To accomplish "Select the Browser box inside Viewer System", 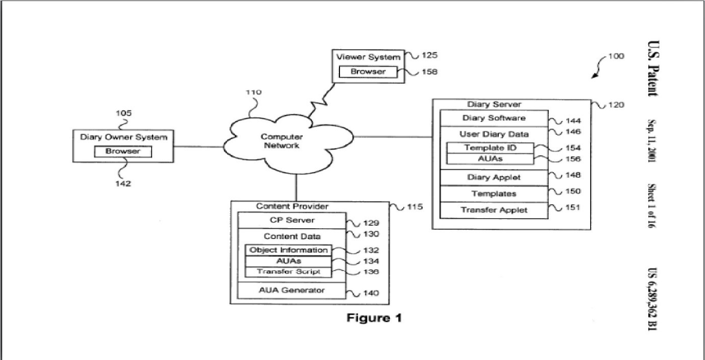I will pos(368,72).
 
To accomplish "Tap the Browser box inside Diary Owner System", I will pos(123,152).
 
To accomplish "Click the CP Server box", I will pos(292,221).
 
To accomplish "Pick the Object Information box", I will pos(288,250).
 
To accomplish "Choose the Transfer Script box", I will pos(288,272).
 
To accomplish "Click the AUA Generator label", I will pos(292,291).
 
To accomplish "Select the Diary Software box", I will pos(493,118).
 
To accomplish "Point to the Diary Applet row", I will pos(493,178).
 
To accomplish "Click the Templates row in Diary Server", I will pos(493,194).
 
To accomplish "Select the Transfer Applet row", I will pos(493,210).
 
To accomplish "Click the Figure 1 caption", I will pos(374,318).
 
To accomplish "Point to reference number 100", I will pos(616,56).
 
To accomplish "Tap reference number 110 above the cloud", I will pos(253,93).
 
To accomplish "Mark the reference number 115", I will pos(415,207).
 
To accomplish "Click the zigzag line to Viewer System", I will pos(321,100).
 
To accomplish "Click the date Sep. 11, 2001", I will pos(651,141).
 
